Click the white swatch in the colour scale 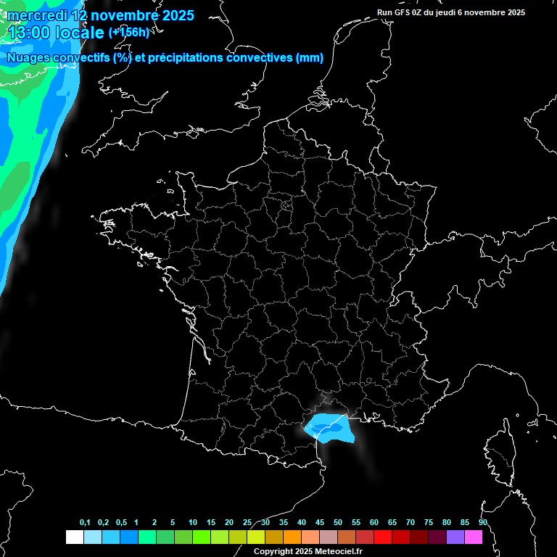[x=74, y=537]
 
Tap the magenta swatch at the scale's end [x=474, y=537]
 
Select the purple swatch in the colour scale [x=455, y=537]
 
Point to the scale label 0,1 [x=85, y=522]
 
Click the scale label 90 [x=483, y=522]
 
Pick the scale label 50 [x=338, y=522]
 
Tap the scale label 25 [x=247, y=522]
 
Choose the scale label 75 [x=429, y=522]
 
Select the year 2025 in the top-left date [x=173, y=15]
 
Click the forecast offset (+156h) [x=129, y=32]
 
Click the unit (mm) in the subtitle [x=310, y=58]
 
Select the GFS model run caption [x=451, y=12]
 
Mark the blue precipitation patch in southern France [x=331, y=429]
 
